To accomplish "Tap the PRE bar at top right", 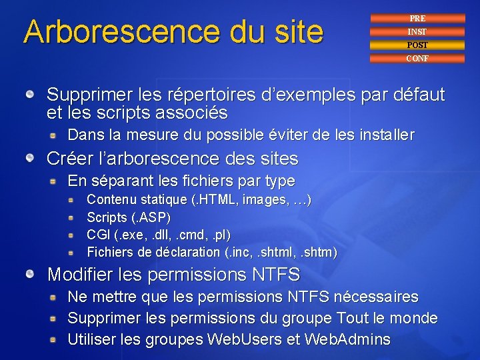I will [x=417, y=19].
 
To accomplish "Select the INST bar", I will [x=417, y=32].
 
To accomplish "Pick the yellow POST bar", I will [x=417, y=45].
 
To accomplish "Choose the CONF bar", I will [x=417, y=59].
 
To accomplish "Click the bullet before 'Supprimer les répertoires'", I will [x=31, y=95].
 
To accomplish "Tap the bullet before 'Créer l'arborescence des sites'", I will [x=31, y=159].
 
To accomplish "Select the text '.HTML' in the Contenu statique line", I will [x=217, y=199].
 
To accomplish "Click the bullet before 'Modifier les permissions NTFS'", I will [x=31, y=275].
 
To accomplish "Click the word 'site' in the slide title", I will [x=294, y=32].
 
